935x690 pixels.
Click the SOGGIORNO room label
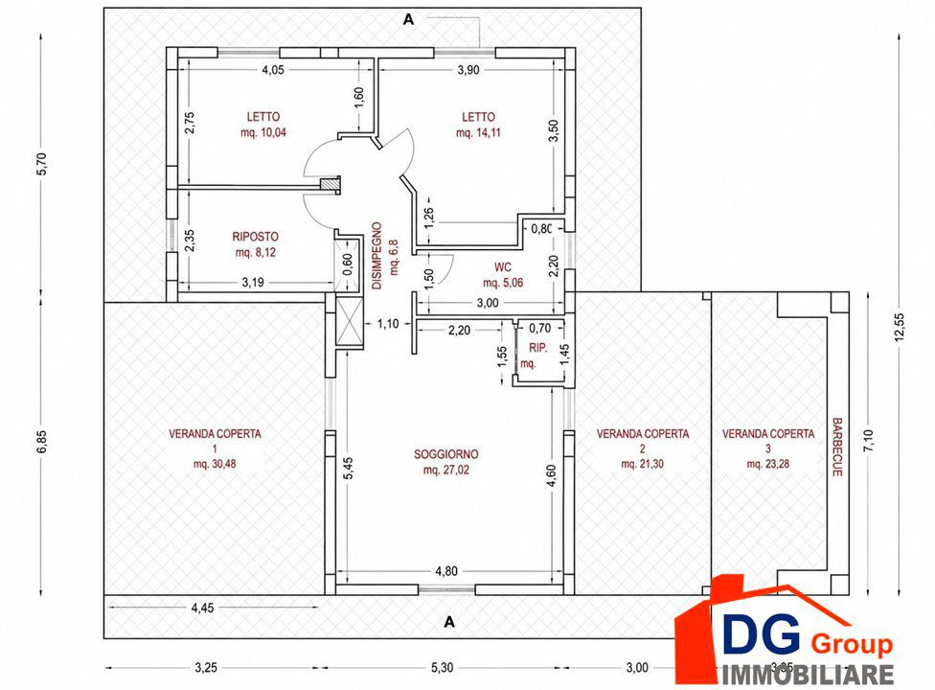(x=446, y=454)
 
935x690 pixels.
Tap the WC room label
(x=503, y=267)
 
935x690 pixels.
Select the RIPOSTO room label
(x=255, y=237)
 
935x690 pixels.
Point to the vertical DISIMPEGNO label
(x=376, y=256)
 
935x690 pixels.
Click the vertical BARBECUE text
(x=837, y=447)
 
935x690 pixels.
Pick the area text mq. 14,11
(x=478, y=133)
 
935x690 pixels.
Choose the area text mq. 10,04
(x=262, y=132)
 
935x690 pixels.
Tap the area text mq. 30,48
(x=215, y=464)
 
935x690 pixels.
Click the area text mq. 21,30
(x=642, y=464)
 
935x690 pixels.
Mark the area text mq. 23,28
(x=768, y=464)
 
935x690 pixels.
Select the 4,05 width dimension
(x=272, y=70)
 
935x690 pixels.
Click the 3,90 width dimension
(x=468, y=70)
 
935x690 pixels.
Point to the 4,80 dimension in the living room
(x=446, y=571)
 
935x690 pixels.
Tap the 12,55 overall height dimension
(x=900, y=328)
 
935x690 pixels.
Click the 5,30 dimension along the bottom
(x=442, y=668)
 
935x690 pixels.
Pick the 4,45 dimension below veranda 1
(x=202, y=609)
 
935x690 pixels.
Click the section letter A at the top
(x=408, y=20)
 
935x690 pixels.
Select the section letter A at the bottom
(x=449, y=622)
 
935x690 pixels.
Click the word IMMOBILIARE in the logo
(x=809, y=674)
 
